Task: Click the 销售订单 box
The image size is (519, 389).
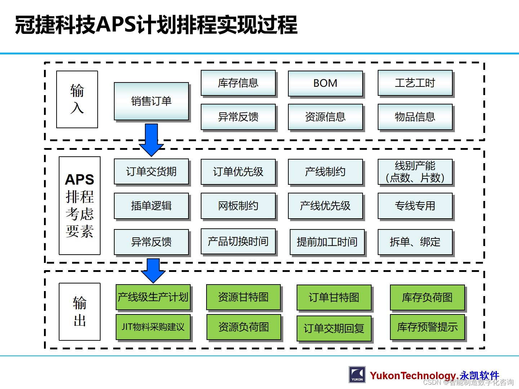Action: pyautogui.click(x=151, y=101)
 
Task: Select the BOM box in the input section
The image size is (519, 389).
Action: pyautogui.click(x=325, y=83)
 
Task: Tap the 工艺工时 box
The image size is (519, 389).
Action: pyautogui.click(x=415, y=83)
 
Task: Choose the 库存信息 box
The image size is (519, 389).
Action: pyautogui.click(x=238, y=83)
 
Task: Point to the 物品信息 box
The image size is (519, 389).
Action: pyautogui.click(x=415, y=117)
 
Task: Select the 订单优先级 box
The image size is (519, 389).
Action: pyautogui.click(x=238, y=172)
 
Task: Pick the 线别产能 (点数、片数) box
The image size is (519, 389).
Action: pyautogui.click(x=415, y=172)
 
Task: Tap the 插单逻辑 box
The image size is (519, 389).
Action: pyautogui.click(x=151, y=206)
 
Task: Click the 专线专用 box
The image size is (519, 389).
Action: pyautogui.click(x=415, y=206)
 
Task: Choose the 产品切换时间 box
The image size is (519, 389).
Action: pyautogui.click(x=238, y=241)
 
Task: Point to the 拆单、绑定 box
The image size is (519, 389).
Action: pyautogui.click(x=415, y=242)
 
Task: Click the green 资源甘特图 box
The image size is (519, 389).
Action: pyautogui.click(x=243, y=297)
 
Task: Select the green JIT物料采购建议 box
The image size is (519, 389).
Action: pyautogui.click(x=153, y=327)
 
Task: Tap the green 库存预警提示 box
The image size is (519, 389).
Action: pyautogui.click(x=427, y=327)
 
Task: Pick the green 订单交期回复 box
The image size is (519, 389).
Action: pyautogui.click(x=334, y=328)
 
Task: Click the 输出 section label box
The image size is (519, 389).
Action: pyautogui.click(x=80, y=312)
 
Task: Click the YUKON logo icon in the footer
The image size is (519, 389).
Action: pyautogui.click(x=357, y=375)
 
